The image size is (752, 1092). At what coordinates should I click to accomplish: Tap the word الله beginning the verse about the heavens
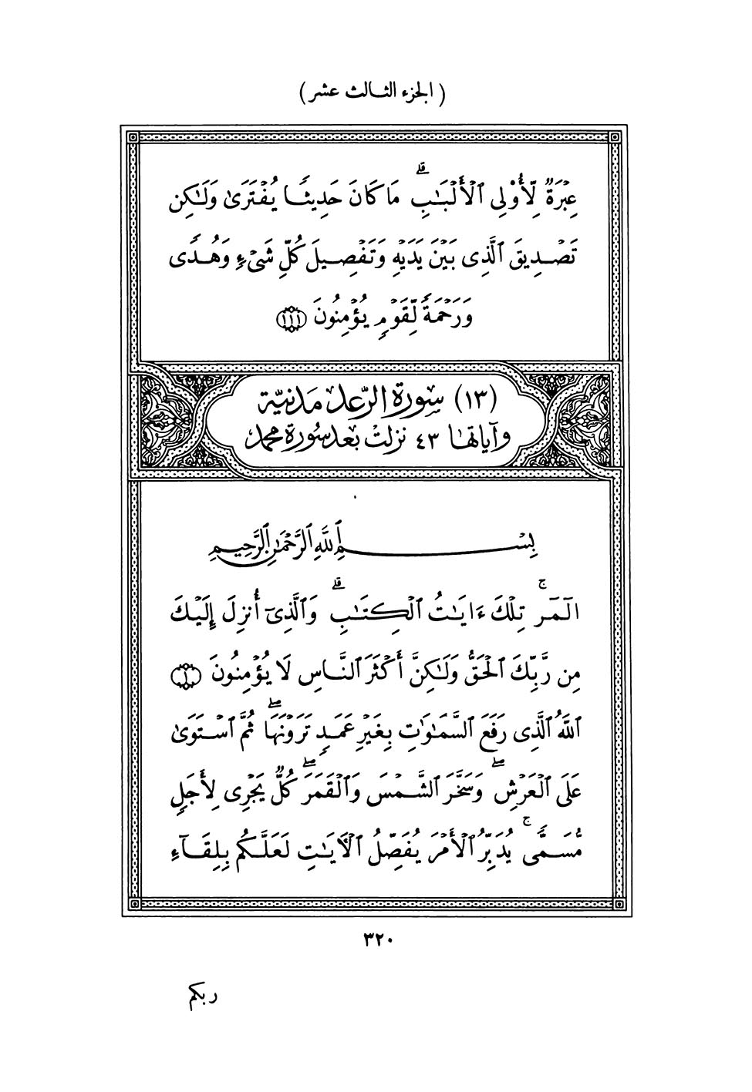[572, 727]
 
